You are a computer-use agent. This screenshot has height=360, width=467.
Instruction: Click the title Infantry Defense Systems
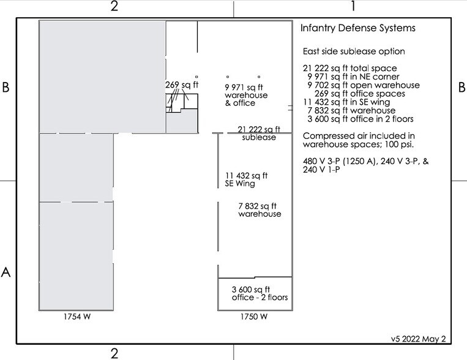pos(357,28)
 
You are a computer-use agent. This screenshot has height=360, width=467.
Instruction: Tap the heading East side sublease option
pos(354,51)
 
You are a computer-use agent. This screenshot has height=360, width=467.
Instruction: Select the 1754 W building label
pos(77,317)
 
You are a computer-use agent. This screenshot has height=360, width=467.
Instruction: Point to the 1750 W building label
pos(254,317)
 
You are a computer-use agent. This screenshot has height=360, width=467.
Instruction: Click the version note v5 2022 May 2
pos(419,339)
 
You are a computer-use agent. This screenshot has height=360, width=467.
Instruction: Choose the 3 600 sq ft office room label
pos(260,293)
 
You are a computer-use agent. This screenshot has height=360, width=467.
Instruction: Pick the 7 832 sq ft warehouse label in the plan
pos(260,210)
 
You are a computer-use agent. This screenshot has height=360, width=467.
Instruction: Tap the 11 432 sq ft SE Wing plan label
pos(246,180)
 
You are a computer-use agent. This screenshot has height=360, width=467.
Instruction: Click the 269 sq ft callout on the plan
pos(182,85)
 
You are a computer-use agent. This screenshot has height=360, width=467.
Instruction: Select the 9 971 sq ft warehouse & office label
pos(246,95)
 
